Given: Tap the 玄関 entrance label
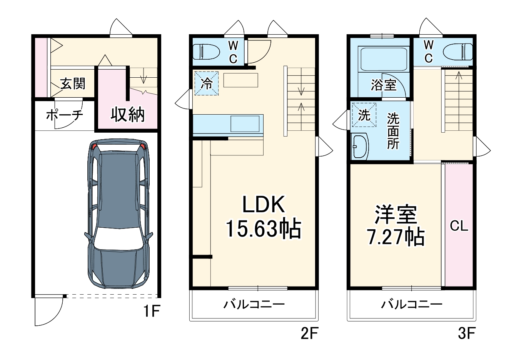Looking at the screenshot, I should pyautogui.click(x=73, y=83).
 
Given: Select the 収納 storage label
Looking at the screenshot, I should pyautogui.click(x=127, y=114).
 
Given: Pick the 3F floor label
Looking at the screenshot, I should pyautogui.click(x=467, y=333).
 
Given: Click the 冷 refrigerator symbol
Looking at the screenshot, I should pyautogui.click(x=207, y=83).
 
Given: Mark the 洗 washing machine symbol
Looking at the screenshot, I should pyautogui.click(x=364, y=115).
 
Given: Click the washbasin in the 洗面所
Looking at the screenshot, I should pyautogui.click(x=360, y=146).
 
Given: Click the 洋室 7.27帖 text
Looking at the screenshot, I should pyautogui.click(x=396, y=226).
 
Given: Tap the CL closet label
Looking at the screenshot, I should pyautogui.click(x=459, y=226).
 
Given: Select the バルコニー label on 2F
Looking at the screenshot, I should pyautogui.click(x=254, y=305).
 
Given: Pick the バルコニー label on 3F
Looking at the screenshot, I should pyautogui.click(x=412, y=305).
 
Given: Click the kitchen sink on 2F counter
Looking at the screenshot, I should pyautogui.click(x=245, y=124).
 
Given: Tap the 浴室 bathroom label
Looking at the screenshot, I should pyautogui.click(x=383, y=85).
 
